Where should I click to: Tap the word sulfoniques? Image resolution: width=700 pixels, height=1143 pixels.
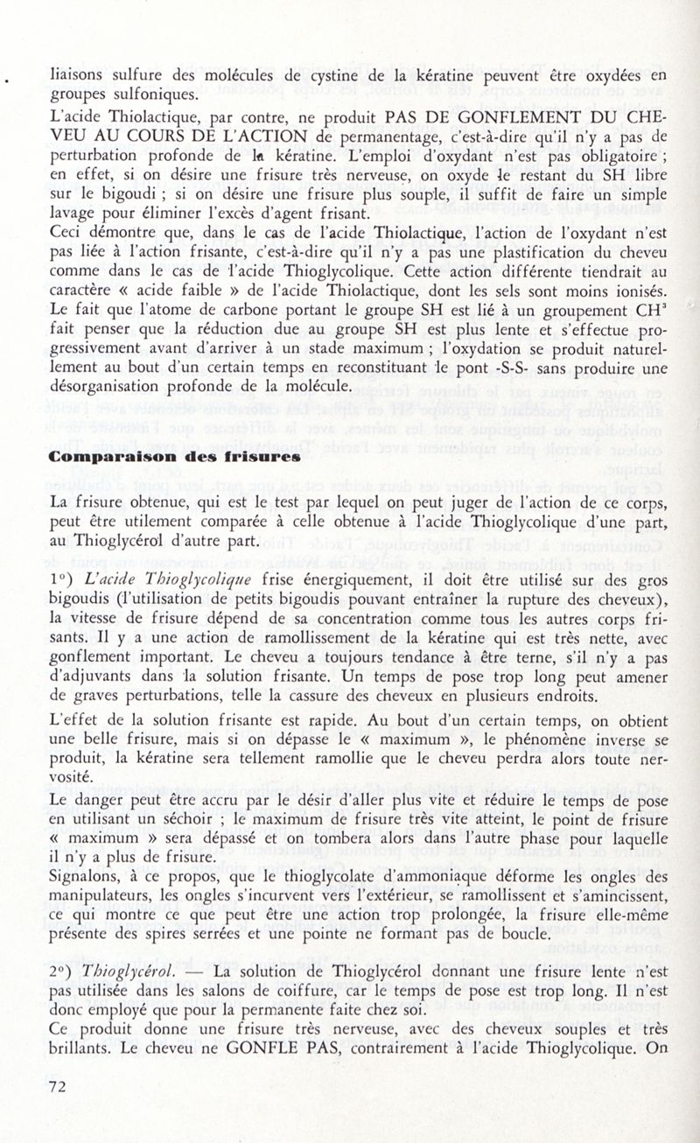[155, 95]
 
